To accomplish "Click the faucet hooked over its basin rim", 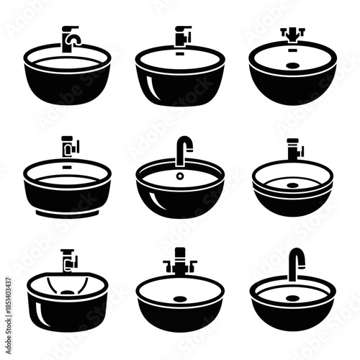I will [71, 37].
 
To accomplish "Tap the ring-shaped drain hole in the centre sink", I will [180, 176].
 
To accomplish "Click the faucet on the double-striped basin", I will [294, 150].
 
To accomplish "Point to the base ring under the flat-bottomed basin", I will [68, 214].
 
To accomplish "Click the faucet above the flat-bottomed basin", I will [69, 146].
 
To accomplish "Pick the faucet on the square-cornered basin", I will [68, 260].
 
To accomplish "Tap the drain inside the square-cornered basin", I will [68, 292].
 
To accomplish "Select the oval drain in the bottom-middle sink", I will [180, 297].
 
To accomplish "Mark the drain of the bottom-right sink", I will [292, 294].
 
